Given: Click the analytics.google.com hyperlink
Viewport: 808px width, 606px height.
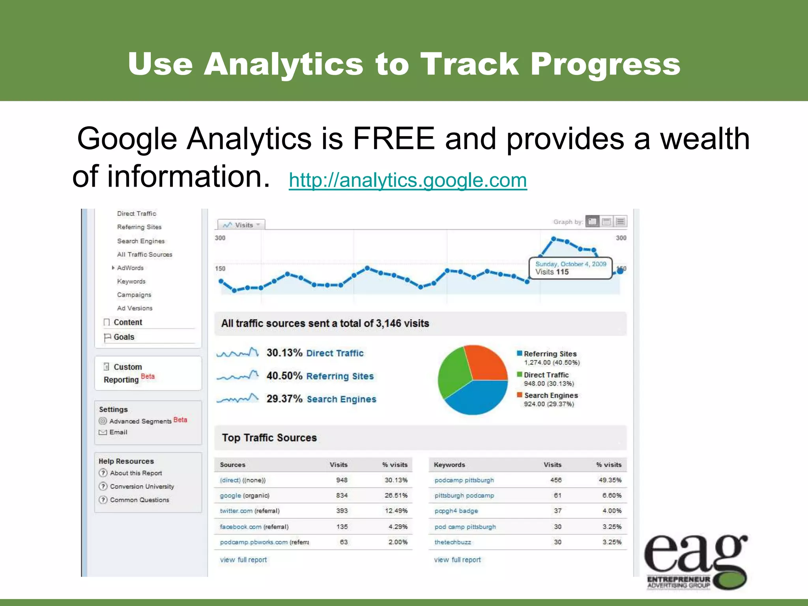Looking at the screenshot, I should [x=408, y=181].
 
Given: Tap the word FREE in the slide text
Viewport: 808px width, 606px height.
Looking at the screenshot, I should [x=393, y=139].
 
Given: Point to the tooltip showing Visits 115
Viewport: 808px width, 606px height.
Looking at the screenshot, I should [x=570, y=268].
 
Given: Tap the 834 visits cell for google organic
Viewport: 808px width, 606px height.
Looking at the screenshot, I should [x=342, y=496].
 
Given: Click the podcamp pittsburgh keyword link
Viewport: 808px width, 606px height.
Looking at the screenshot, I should [x=464, y=480].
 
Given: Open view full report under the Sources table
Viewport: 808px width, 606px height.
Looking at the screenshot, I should [x=243, y=560].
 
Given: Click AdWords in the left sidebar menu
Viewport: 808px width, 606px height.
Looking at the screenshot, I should [x=130, y=268].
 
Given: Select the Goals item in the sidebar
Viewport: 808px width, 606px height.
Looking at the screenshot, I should [x=124, y=337].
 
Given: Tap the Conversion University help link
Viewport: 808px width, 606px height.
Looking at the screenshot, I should [x=142, y=486].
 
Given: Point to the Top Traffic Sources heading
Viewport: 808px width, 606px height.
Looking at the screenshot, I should [x=269, y=438].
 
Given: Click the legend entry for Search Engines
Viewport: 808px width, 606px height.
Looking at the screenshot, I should [x=551, y=395].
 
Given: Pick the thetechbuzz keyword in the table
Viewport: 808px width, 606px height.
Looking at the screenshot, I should [x=453, y=542].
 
